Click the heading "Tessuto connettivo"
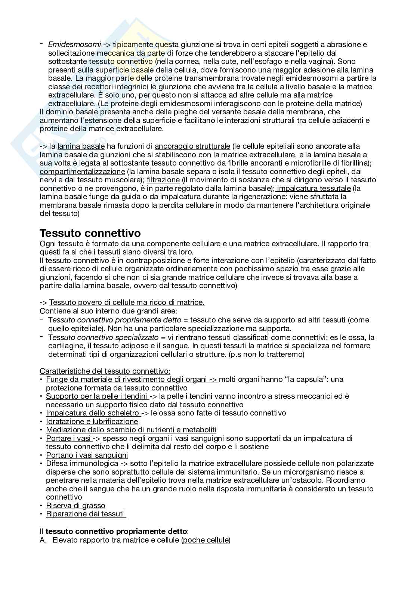(90, 233)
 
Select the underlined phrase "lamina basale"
(81, 146)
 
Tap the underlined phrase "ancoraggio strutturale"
(192, 146)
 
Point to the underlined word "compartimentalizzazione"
(82, 172)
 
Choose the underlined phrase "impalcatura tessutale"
(314, 188)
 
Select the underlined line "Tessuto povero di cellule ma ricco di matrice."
(127, 302)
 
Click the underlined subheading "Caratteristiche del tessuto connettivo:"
(105, 371)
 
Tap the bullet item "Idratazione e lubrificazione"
(92, 421)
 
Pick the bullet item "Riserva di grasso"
(75, 506)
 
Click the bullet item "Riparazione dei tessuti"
(85, 514)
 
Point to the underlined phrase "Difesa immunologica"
(82, 463)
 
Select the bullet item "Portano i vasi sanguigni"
(87, 455)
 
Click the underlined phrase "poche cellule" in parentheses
(206, 540)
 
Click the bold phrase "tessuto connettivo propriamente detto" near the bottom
(116, 531)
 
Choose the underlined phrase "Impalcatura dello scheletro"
(92, 413)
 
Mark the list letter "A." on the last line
(44, 540)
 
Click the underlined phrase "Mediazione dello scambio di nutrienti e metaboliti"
(131, 430)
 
